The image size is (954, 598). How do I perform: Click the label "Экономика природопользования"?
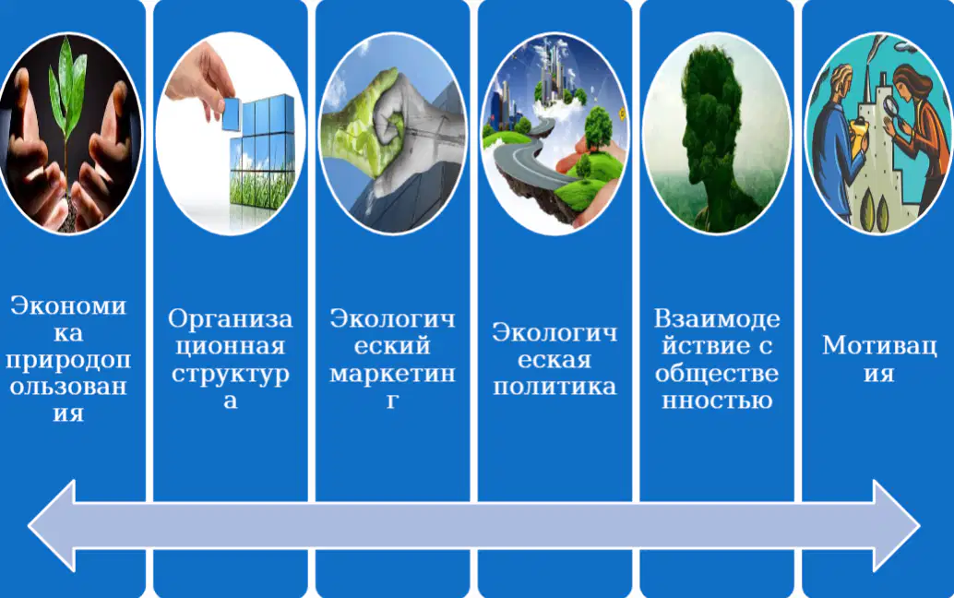pos(68,359)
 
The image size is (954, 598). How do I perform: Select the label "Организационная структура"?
pos(230,359)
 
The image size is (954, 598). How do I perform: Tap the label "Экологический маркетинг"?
pos(392,359)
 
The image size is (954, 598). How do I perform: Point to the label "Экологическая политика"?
pos(555,359)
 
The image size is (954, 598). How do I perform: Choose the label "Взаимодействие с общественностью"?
pos(717,359)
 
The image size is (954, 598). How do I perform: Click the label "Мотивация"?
pos(879,359)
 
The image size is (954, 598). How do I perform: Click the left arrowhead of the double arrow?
pos(53,526)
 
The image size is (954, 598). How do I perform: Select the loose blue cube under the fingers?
pos(232,114)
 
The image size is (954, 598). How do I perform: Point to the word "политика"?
pos(555,387)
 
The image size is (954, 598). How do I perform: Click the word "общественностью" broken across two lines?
pos(717,386)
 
